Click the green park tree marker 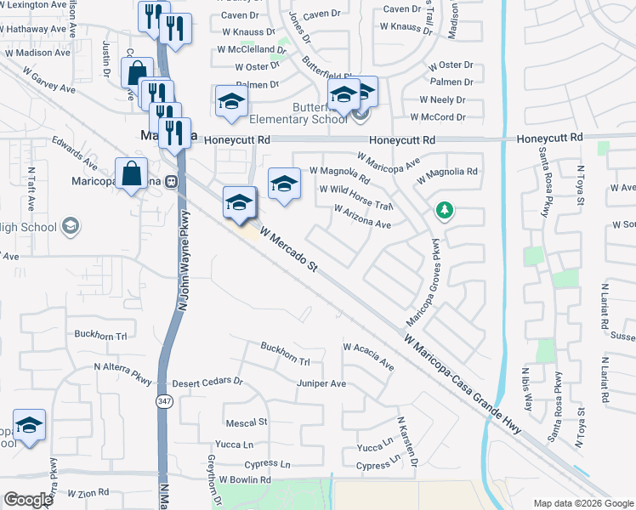443,210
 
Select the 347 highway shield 162,399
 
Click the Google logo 28,500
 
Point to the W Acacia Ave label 368,357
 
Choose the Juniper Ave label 321,384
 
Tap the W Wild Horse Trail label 356,198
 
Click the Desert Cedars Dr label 207,384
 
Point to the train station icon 171,180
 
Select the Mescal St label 247,422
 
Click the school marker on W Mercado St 240,202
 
